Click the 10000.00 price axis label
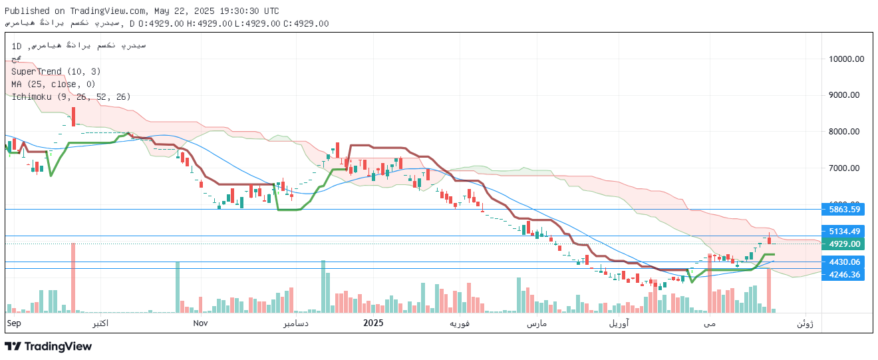[846, 59]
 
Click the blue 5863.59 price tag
[844, 209]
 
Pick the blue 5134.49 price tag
[844, 232]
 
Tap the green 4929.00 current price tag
[844, 244]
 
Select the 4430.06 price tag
[844, 262]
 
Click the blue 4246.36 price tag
[844, 274]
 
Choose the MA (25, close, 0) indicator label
[54, 84]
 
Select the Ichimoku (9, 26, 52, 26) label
[71, 96]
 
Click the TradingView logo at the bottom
[48, 346]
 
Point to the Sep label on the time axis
[14, 323]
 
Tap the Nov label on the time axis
[201, 323]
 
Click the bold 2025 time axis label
[373, 323]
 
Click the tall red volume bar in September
[73, 277]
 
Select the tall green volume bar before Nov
[178, 287]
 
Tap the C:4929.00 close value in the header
[306, 23]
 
